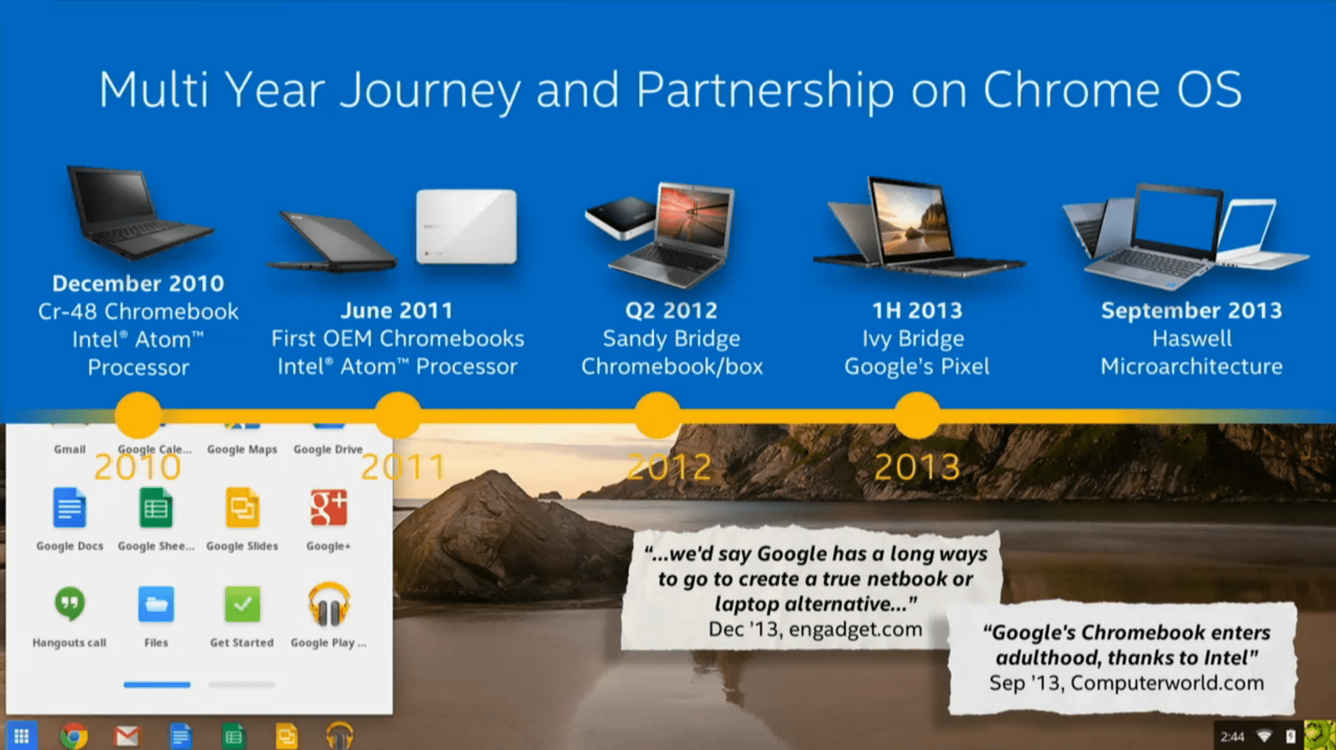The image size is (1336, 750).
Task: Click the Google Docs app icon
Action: [69, 508]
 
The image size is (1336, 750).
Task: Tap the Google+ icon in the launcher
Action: [328, 508]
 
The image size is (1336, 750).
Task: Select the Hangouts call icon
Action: [69, 604]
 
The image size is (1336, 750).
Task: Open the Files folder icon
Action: [156, 604]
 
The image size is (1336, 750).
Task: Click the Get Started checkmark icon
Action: [242, 604]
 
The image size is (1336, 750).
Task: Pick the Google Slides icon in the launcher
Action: [242, 508]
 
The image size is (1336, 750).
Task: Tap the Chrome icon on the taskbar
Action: [74, 736]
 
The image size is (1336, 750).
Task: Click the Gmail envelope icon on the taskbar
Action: [127, 736]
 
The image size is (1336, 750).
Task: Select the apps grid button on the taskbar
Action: [22, 736]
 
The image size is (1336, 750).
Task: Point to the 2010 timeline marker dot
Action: [138, 416]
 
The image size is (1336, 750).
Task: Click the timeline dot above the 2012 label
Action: [658, 416]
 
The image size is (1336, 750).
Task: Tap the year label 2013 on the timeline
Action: [917, 467]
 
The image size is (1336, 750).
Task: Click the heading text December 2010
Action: [138, 284]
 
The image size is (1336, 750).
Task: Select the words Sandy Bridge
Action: [671, 339]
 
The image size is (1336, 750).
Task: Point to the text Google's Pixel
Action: [917, 367]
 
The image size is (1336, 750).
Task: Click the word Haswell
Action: [1192, 339]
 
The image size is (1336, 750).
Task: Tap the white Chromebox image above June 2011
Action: [467, 226]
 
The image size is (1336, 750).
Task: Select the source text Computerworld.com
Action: [1167, 683]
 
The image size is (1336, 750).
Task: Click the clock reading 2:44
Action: [1232, 737]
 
